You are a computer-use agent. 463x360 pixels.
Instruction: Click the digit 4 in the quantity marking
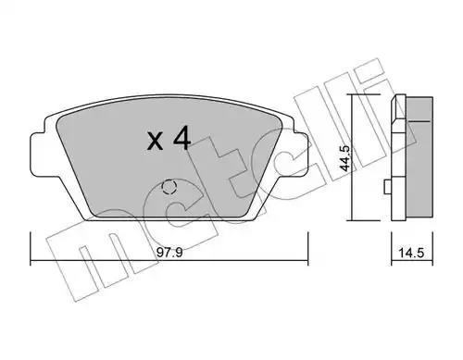click(x=181, y=140)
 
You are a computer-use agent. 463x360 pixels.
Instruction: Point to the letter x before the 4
click(x=155, y=142)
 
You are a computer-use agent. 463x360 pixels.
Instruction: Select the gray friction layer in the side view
click(x=422, y=162)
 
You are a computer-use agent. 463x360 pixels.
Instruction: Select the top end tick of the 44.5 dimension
click(x=352, y=95)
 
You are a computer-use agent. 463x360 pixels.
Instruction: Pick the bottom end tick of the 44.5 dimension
click(x=352, y=220)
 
